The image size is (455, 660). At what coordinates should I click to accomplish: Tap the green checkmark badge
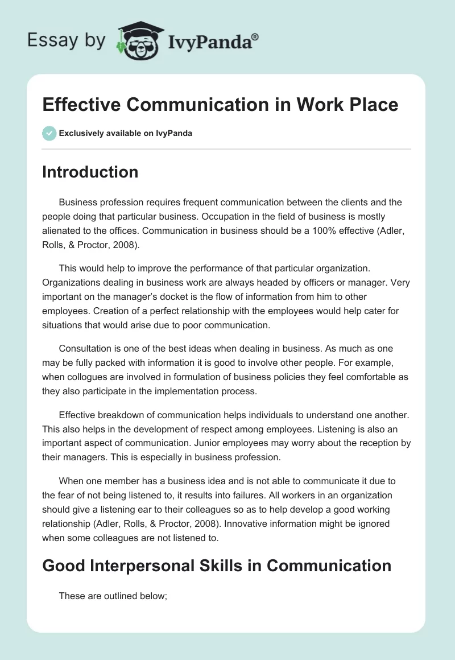49,133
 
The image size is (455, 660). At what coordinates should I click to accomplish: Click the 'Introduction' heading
90,172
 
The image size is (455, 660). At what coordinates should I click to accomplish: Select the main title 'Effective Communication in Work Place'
220,105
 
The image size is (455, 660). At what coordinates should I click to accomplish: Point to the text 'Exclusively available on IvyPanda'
126,133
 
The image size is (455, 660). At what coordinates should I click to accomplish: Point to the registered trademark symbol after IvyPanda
255,36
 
